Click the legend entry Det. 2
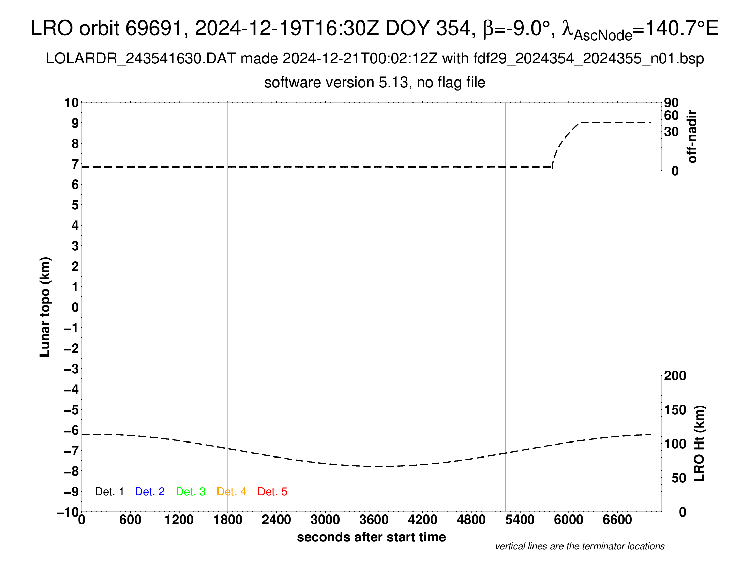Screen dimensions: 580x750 tap(150, 492)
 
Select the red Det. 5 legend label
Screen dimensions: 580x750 tap(272, 492)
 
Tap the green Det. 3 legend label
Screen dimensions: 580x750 tap(191, 492)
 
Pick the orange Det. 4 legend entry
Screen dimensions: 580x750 tap(231, 492)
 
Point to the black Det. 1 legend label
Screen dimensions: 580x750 tap(109, 492)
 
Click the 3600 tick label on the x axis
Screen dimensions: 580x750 tap(374, 520)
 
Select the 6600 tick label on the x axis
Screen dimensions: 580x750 tap(617, 520)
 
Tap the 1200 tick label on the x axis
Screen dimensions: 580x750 tap(179, 520)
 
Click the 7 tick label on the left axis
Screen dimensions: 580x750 tap(75, 164)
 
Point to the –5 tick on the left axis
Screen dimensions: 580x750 tap(72, 410)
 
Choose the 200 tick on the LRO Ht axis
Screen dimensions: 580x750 tap(675, 376)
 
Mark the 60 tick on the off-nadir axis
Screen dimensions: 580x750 tap(671, 115)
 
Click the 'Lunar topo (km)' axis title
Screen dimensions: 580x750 tap(45, 307)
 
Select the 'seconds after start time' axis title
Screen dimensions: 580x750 tap(371, 537)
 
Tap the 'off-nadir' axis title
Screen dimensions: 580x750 tap(692, 136)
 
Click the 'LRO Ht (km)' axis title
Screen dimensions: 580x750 tap(699, 444)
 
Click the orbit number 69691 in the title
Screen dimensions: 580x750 tap(153, 28)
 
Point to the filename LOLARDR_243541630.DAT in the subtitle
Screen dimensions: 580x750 tap(141, 59)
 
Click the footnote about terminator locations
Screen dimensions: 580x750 tap(580, 546)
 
